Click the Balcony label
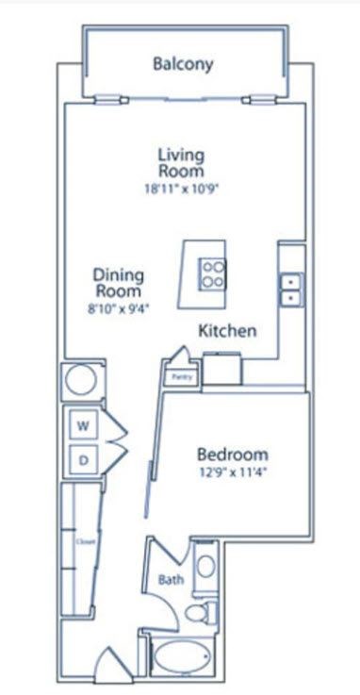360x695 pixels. pos(183,65)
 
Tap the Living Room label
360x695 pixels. pos(182,162)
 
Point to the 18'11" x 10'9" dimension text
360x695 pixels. pos(182,189)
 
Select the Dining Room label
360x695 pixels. pos(119,283)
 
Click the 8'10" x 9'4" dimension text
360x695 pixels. pos(119,307)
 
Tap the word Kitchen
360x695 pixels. pos(227,331)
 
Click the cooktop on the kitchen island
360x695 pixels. pos(214,273)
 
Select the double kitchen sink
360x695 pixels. pos(290,289)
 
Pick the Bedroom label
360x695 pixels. pos(233,454)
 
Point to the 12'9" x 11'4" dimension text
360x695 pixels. pos(233,474)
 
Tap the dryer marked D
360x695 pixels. pos(82,461)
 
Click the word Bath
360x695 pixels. pos(170,580)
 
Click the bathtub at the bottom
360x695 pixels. pos(184,658)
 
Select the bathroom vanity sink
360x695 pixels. pos(205,568)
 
